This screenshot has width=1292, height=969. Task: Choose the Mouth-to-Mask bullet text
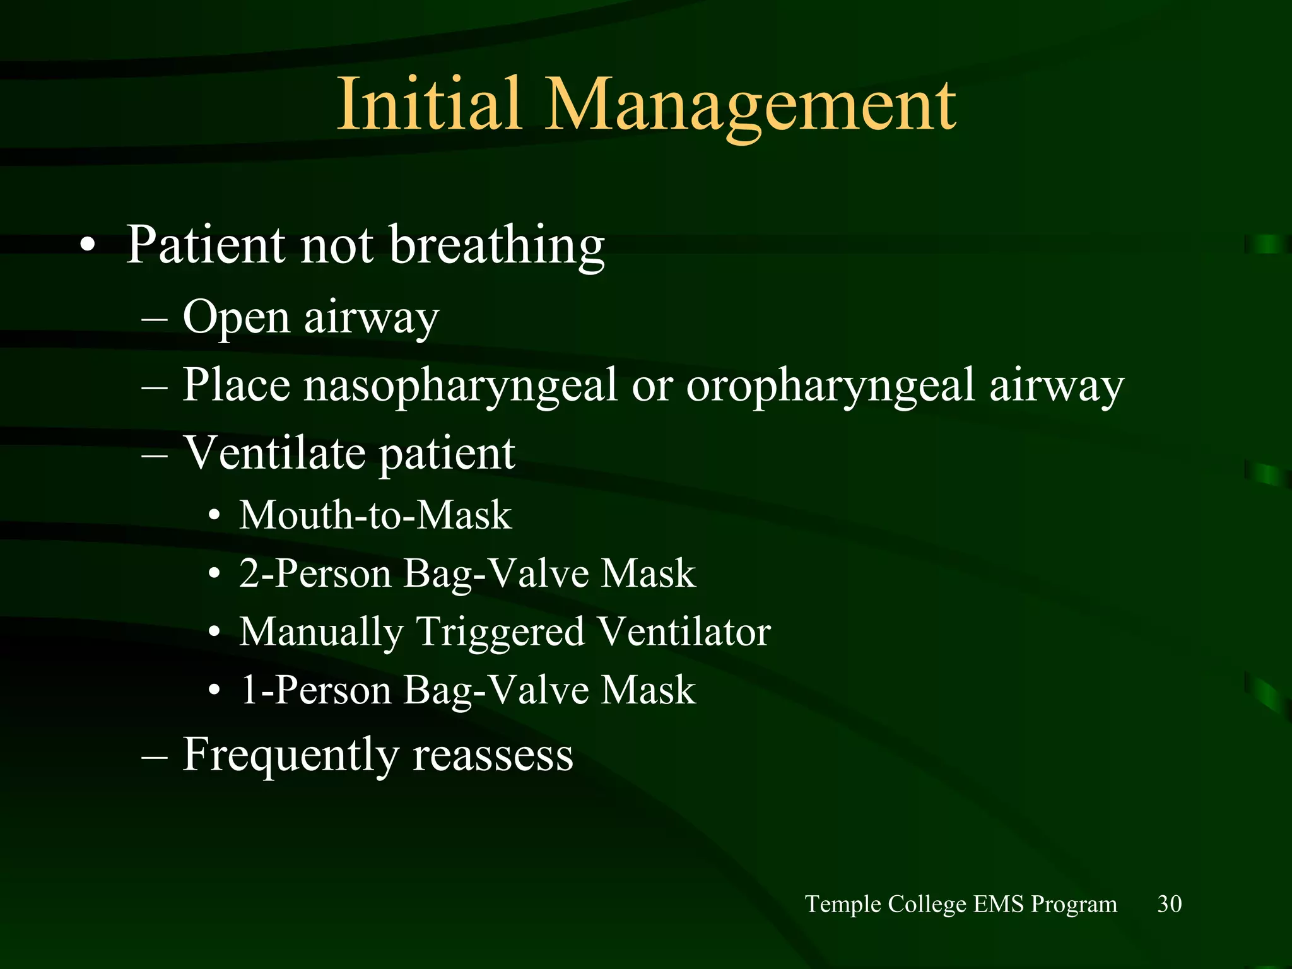[x=375, y=515]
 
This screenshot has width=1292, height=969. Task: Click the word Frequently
[x=290, y=755]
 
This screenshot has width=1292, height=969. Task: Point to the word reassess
[x=493, y=755]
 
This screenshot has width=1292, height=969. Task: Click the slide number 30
[x=1169, y=904]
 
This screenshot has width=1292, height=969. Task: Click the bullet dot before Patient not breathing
[x=88, y=246]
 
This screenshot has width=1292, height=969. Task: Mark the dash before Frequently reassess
[x=155, y=756]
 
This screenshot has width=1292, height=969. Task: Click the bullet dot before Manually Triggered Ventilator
[x=214, y=633]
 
